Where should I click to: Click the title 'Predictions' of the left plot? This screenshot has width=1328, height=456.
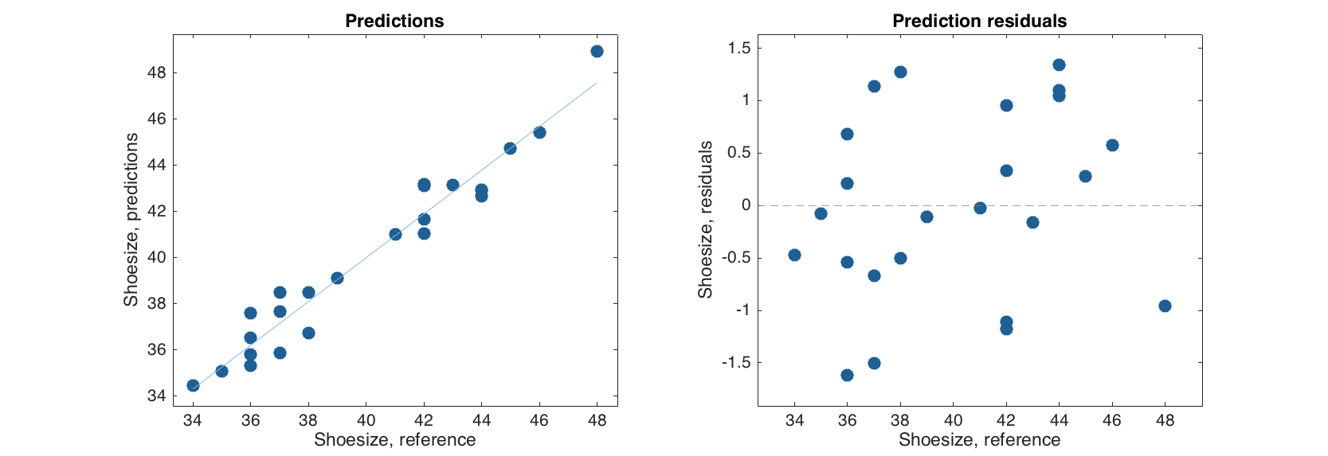coord(394,21)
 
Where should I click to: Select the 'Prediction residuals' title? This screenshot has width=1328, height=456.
coord(979,21)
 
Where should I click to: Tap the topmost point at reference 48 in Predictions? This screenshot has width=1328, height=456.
coord(597,51)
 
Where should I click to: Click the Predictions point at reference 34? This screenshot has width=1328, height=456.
coord(193,385)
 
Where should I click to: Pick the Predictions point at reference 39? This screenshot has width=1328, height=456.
coord(337,278)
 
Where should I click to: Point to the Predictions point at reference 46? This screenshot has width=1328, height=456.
coord(539,132)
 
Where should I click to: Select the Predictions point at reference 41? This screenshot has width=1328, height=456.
coord(395,234)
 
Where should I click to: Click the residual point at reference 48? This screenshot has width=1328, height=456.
coord(1165,306)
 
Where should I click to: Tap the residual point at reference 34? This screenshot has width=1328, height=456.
coord(794,255)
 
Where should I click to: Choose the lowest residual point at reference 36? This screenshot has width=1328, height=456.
coord(847,375)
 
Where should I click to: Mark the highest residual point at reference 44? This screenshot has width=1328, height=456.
coord(1059,64)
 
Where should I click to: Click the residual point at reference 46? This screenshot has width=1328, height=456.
coord(1112,145)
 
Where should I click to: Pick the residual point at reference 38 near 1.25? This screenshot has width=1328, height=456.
coord(900,72)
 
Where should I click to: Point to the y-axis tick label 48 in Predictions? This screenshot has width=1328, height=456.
coord(157,72)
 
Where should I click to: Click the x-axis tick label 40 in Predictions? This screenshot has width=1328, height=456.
coord(366,420)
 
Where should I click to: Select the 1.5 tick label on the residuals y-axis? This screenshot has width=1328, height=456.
coord(739,49)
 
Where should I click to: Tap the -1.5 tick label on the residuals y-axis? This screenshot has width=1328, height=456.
coord(736,363)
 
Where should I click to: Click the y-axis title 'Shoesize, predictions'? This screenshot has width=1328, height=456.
coord(131,220)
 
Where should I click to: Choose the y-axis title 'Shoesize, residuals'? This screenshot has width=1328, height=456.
coord(705,220)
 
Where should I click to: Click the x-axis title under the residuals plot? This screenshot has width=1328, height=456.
coord(979,439)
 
